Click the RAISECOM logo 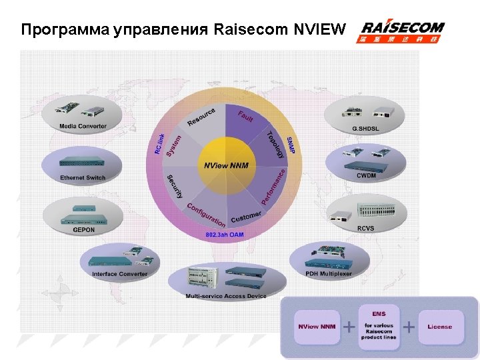(x=403, y=31)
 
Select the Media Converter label (x=83, y=126)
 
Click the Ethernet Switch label (x=83, y=178)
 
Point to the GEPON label (x=84, y=230)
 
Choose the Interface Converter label (x=120, y=274)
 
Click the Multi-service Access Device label (x=226, y=296)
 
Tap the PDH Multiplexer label (x=329, y=273)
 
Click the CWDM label (x=366, y=175)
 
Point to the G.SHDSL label (x=365, y=128)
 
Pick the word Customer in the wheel (x=246, y=217)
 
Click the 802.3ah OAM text (x=225, y=235)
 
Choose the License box (x=439, y=327)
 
